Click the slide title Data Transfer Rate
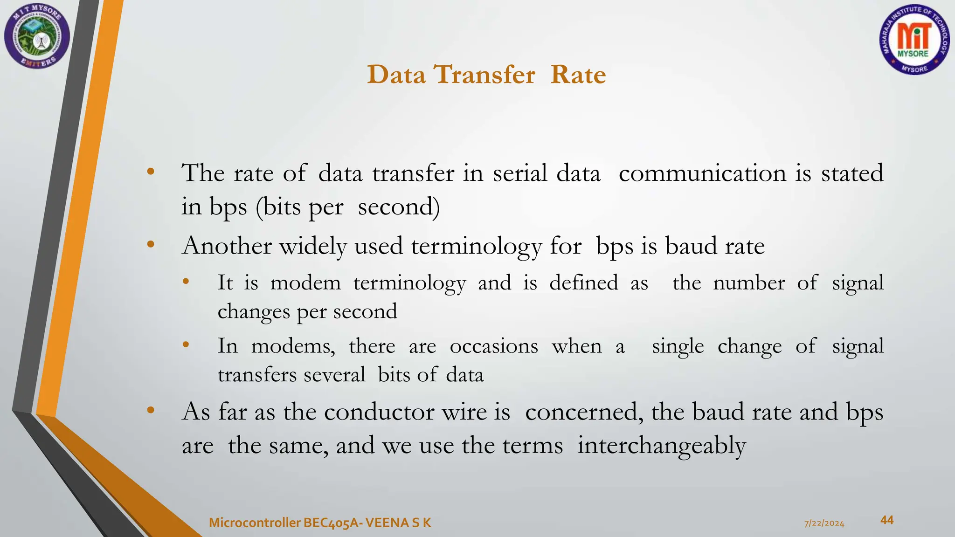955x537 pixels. click(x=486, y=75)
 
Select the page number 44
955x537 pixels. click(x=886, y=520)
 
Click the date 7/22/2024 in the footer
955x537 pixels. click(x=824, y=523)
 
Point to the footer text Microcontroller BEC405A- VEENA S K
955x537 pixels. click(x=320, y=523)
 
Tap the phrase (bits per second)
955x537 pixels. click(x=348, y=207)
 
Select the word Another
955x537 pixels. click(x=227, y=246)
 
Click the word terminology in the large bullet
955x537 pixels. click(x=476, y=247)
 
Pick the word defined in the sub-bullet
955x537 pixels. click(x=583, y=282)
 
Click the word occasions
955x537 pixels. click(x=493, y=346)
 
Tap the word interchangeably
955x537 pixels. click(x=661, y=446)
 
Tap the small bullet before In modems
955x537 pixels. click(x=186, y=344)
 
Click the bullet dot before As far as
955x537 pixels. click(x=150, y=410)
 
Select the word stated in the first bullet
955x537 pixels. click(x=852, y=173)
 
